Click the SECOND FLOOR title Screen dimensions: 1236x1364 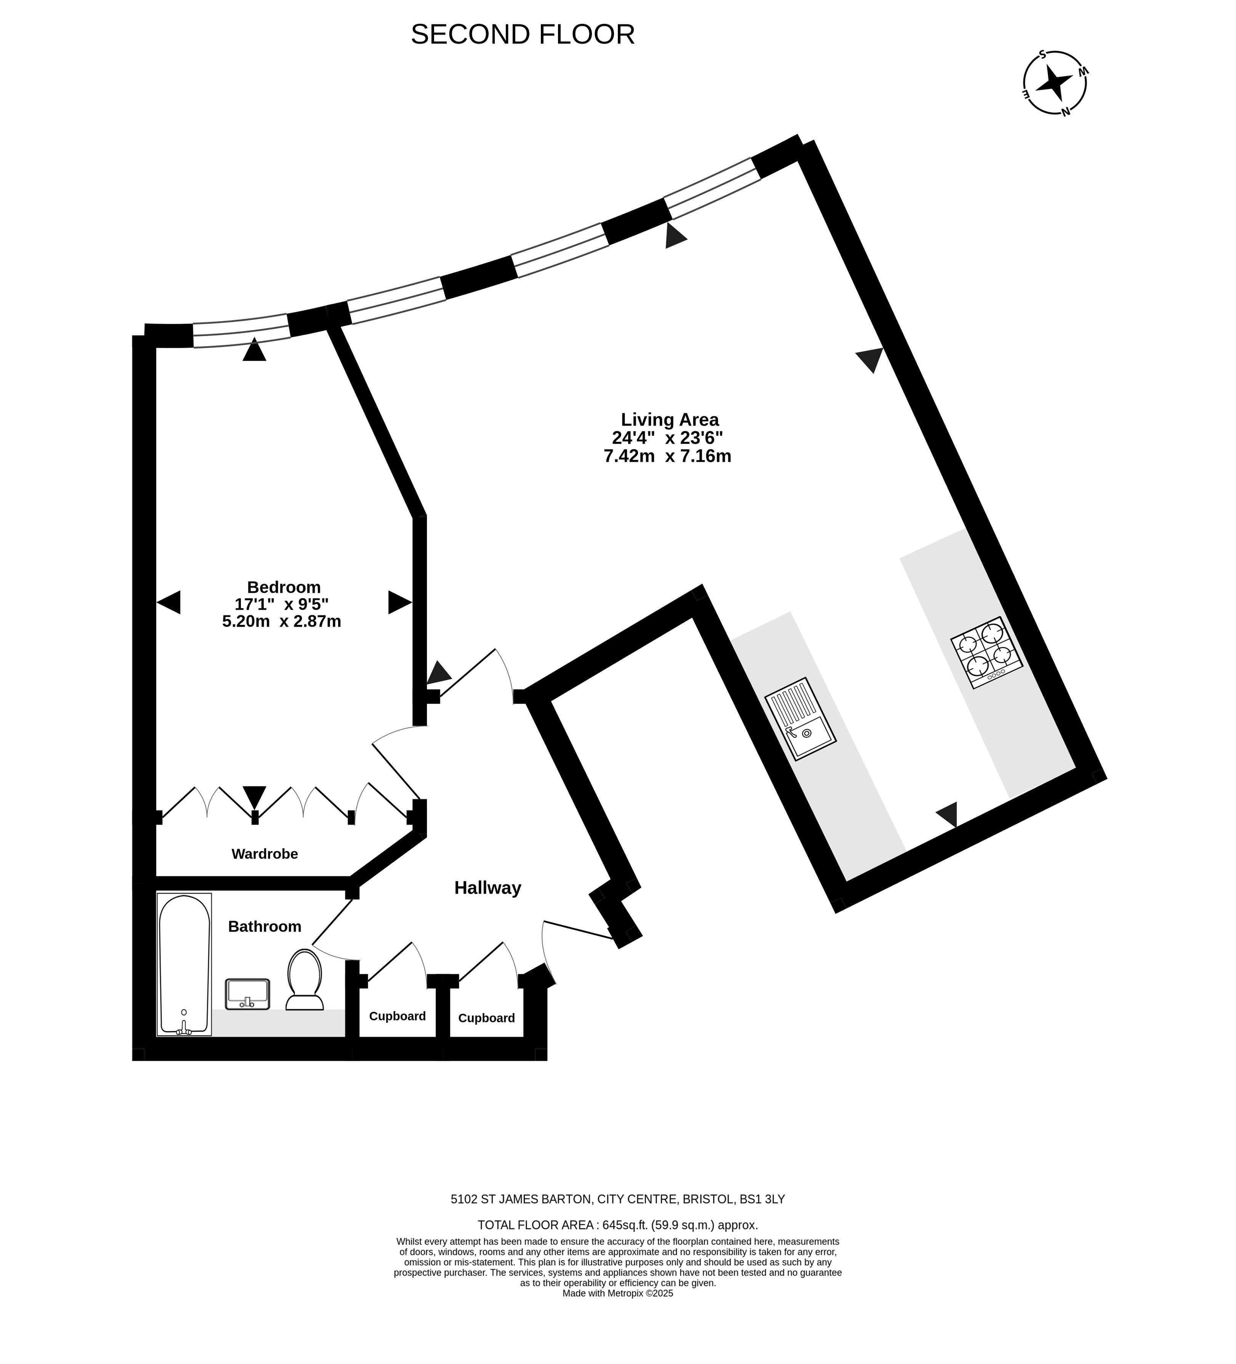522,35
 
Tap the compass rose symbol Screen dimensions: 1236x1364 1054,83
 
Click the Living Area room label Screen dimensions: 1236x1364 669,419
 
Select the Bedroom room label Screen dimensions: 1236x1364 284,587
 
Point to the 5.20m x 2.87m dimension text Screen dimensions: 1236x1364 281,620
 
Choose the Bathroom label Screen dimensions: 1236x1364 265,926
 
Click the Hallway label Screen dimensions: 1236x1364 487,888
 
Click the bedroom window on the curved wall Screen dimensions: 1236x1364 242,331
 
